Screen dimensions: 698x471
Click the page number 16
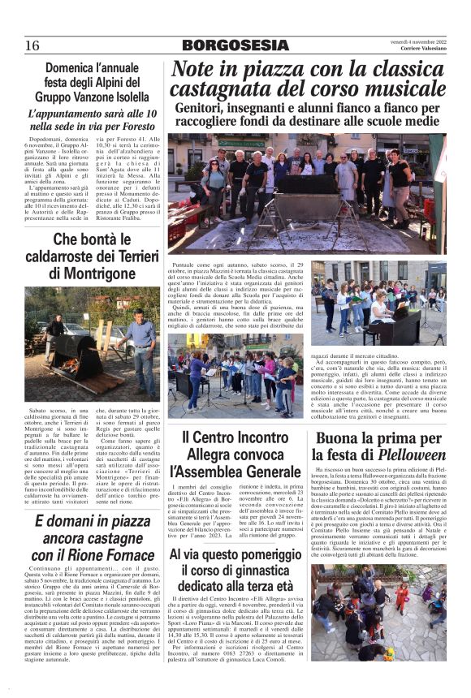point(32,45)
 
